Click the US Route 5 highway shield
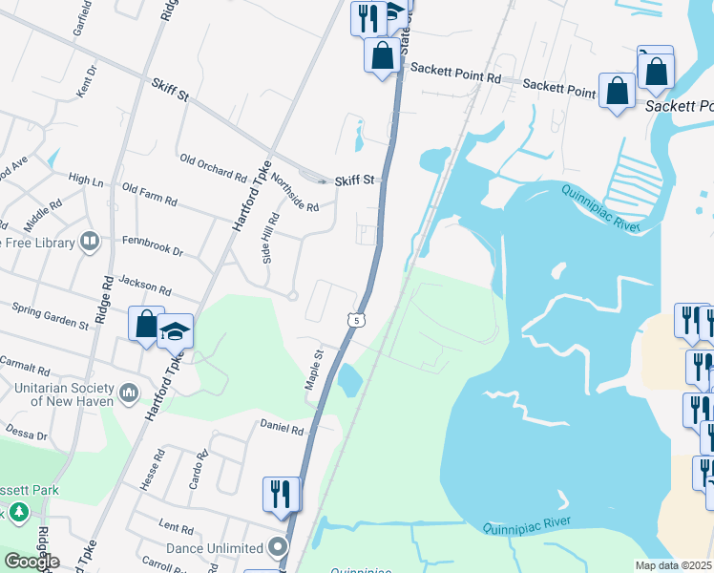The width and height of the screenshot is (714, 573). click(x=356, y=321)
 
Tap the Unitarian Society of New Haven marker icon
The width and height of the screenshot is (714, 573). click(x=130, y=393)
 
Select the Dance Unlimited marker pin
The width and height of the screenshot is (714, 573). click(x=278, y=548)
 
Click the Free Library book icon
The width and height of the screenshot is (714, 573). click(x=90, y=243)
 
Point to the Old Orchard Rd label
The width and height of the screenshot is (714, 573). click(x=213, y=167)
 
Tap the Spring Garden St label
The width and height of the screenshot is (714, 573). click(x=50, y=316)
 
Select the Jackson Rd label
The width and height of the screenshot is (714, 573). click(x=145, y=285)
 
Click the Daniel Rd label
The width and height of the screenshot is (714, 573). click(x=282, y=429)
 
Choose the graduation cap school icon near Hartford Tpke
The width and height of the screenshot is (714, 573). click(x=176, y=330)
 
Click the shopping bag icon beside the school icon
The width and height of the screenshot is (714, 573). click(x=146, y=323)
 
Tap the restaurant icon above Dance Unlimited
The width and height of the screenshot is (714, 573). click(x=281, y=493)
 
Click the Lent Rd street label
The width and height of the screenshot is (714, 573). click(x=177, y=526)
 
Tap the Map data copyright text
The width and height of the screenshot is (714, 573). click(x=673, y=565)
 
